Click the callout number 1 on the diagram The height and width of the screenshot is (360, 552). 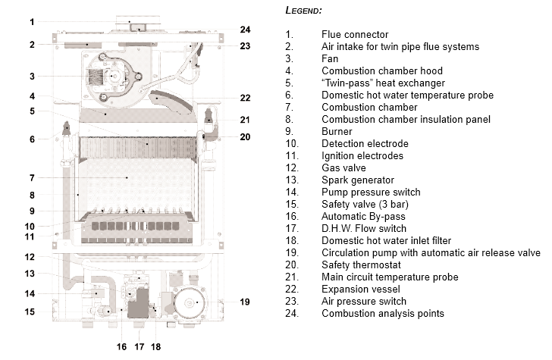pyautogui.click(x=32, y=22)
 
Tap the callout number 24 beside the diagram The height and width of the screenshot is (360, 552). pyautogui.click(x=245, y=30)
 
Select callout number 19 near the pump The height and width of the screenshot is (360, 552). pyautogui.click(x=244, y=302)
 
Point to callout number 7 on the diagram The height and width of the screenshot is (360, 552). pyautogui.click(x=32, y=178)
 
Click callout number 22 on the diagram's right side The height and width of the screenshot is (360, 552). pyautogui.click(x=245, y=98)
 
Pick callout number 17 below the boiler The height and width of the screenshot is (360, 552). pyautogui.click(x=139, y=347)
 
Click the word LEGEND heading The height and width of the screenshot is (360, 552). pyautogui.click(x=303, y=11)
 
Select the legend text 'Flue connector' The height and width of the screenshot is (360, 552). pyautogui.click(x=355, y=34)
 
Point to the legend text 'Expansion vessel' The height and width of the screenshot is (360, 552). pyautogui.click(x=359, y=289)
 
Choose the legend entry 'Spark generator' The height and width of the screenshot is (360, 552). pyautogui.click(x=358, y=180)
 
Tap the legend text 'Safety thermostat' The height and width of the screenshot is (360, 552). pyautogui.click(x=361, y=265)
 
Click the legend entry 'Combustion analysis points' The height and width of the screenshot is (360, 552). pyautogui.click(x=383, y=313)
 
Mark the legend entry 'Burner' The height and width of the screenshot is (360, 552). pyautogui.click(x=337, y=131)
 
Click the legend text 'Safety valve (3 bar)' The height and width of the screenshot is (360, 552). pyautogui.click(x=366, y=204)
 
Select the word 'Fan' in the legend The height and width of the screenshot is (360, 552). pyautogui.click(x=331, y=58)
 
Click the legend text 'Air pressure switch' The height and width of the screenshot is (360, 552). pyautogui.click(x=364, y=301)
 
